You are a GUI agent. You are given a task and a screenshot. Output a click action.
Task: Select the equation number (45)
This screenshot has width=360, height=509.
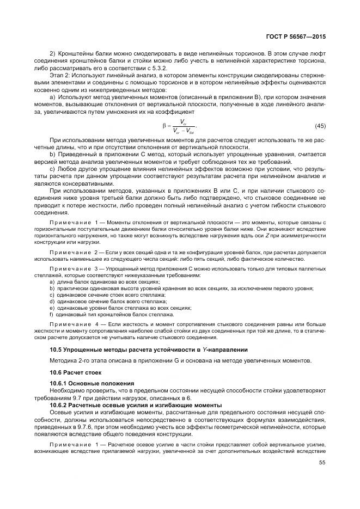pyautogui.click(x=320, y=126)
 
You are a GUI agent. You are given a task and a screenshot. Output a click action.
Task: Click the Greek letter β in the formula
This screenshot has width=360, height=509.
pyautogui.click(x=164, y=126)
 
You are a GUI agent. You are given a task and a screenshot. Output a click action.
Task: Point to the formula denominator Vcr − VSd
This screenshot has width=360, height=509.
pyautogui.click(x=184, y=131)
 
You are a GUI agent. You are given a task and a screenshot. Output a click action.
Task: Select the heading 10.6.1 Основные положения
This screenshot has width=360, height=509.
pyautogui.click(x=88, y=383)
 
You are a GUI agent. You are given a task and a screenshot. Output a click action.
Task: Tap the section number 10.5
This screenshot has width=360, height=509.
pyautogui.click(x=56, y=350)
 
